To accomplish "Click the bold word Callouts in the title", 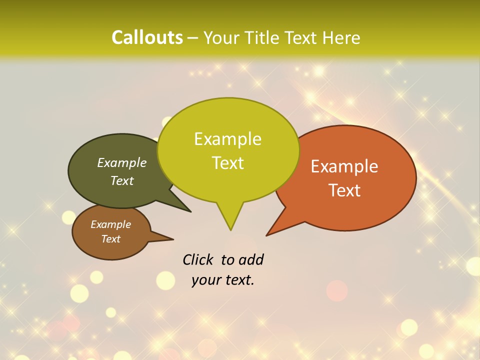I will coord(147,37).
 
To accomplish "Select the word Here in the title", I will coord(341,37).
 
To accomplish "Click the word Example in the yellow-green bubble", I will coord(227,139).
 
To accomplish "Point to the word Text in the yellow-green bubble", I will coord(227,163).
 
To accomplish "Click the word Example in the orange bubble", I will coord(344,166).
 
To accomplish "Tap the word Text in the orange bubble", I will coord(344,190).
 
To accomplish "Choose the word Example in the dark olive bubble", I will coord(122,162).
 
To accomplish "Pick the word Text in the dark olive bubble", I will coord(122,180).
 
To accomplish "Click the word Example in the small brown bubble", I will coord(110,224).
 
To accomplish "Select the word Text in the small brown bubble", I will coord(110,239).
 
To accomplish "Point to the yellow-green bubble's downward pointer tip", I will coord(230,229).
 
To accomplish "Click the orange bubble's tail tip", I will coord(267,235).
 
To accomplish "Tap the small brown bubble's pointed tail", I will coord(172,239).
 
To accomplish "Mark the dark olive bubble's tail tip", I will coord(190,211).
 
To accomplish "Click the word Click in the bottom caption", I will coord(198,259).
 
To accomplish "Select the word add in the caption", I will coord(251,259).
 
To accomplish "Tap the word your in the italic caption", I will coord(205,280).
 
